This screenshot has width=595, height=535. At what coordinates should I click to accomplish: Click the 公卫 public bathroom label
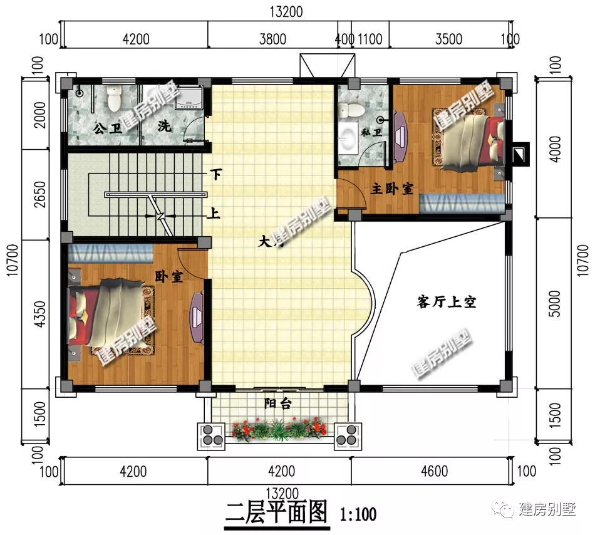pos(106,128)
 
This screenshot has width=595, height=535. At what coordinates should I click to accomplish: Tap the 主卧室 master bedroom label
pos(391,188)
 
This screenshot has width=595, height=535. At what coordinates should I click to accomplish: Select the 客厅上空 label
pos(446,302)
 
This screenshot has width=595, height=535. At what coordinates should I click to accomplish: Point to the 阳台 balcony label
pos(277,403)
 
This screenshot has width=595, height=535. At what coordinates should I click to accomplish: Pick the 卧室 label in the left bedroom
pos(169,276)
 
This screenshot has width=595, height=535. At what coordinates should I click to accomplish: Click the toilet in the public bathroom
pos(114,98)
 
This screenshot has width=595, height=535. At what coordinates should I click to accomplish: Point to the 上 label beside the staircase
pos(214,214)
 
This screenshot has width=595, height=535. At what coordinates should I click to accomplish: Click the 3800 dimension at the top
pos(272,39)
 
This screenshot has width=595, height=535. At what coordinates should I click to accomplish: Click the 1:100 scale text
pos(358,515)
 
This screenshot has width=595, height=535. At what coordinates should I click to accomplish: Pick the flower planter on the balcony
pos(279,430)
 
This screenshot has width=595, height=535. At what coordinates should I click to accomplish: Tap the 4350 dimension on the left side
pos(39,313)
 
